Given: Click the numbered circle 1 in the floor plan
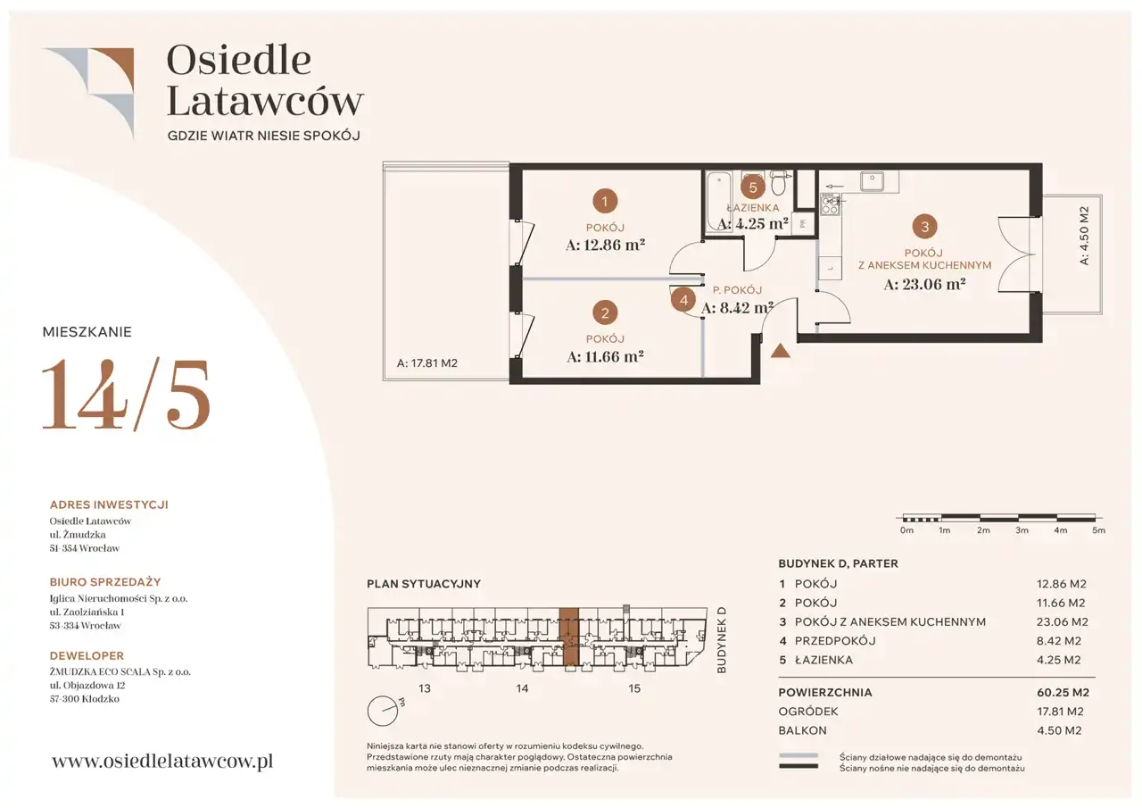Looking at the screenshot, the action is (x=605, y=201).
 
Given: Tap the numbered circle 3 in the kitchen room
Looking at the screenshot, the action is (x=925, y=226).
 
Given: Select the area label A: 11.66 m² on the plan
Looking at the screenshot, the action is (x=605, y=356).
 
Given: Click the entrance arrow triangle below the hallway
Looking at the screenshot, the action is (x=780, y=351).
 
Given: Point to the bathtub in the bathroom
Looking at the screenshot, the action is (x=719, y=202).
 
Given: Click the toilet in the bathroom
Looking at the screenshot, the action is (x=779, y=183).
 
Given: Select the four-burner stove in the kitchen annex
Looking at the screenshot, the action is (x=830, y=204).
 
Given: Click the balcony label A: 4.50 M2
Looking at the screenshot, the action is (x=1084, y=235).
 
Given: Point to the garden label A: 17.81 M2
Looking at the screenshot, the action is (x=427, y=363).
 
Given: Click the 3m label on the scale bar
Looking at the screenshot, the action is (x=1022, y=530).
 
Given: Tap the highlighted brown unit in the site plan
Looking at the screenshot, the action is (x=569, y=637).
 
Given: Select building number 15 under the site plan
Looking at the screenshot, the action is (x=633, y=688).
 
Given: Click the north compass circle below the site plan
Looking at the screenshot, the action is (x=383, y=711).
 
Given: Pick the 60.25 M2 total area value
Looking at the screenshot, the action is (x=1063, y=693).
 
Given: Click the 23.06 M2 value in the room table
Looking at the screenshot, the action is (x=1063, y=622).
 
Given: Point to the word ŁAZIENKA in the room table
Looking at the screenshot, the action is (x=823, y=660).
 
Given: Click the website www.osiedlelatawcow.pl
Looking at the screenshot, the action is (x=162, y=761).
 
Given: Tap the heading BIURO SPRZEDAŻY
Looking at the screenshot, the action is (x=105, y=582).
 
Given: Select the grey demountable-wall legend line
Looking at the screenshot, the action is (x=799, y=756).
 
